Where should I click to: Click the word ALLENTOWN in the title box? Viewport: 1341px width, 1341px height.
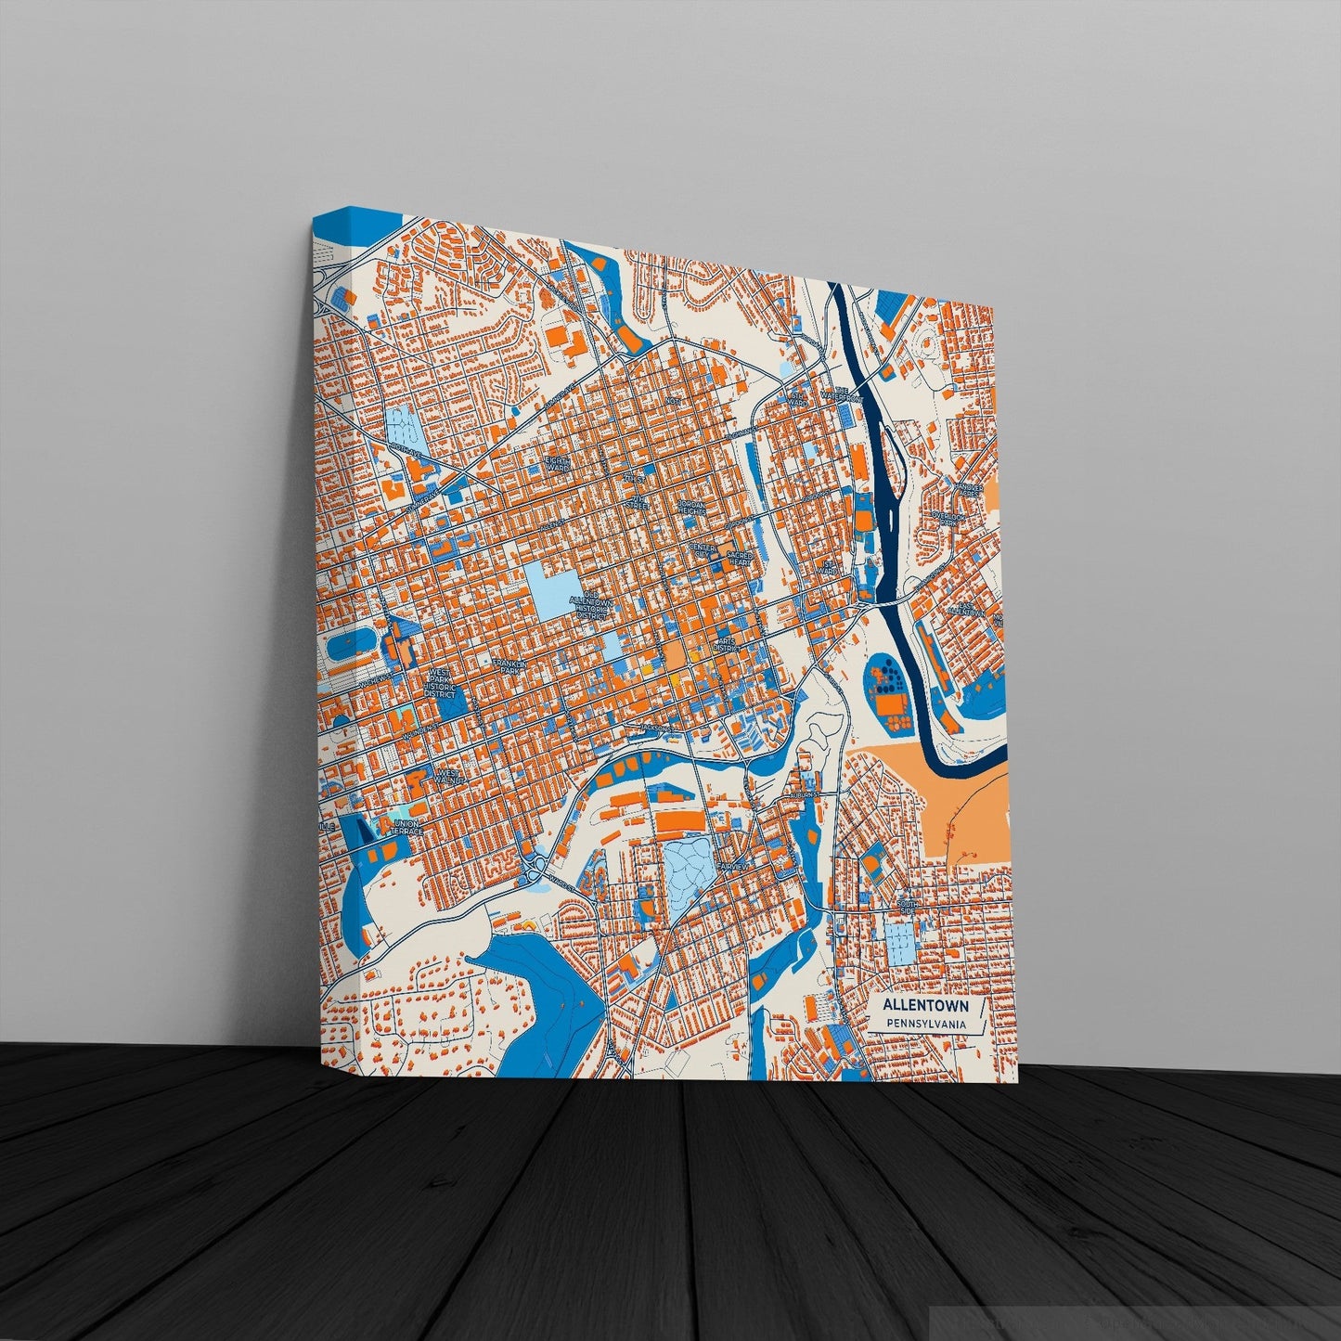point(924,1005)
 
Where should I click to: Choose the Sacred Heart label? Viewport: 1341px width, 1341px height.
point(740,557)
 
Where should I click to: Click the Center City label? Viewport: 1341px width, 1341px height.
point(703,549)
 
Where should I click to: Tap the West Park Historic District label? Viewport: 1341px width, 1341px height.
point(440,686)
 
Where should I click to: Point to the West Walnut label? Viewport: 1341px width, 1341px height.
point(447,775)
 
